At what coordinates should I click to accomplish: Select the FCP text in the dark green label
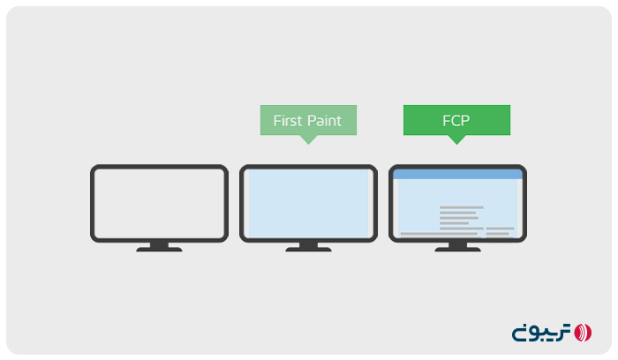[456, 121]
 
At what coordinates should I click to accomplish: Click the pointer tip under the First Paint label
[308, 141]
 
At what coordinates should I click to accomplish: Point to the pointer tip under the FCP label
[456, 141]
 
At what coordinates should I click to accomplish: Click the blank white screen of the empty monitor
[159, 202]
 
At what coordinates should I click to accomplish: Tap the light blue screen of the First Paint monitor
[309, 202]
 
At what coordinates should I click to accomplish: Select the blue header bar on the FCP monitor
[457, 175]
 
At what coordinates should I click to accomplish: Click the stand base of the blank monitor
[159, 250]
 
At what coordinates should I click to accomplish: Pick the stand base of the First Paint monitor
[308, 250]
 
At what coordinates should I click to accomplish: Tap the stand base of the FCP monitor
[457, 250]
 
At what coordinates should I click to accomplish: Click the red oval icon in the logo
[583, 333]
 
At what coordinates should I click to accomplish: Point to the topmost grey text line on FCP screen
[461, 207]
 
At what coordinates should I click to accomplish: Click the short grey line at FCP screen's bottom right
[500, 235]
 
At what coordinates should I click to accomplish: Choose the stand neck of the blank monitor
[159, 244]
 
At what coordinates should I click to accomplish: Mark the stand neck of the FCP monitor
[457, 244]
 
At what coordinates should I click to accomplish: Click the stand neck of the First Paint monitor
[308, 244]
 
